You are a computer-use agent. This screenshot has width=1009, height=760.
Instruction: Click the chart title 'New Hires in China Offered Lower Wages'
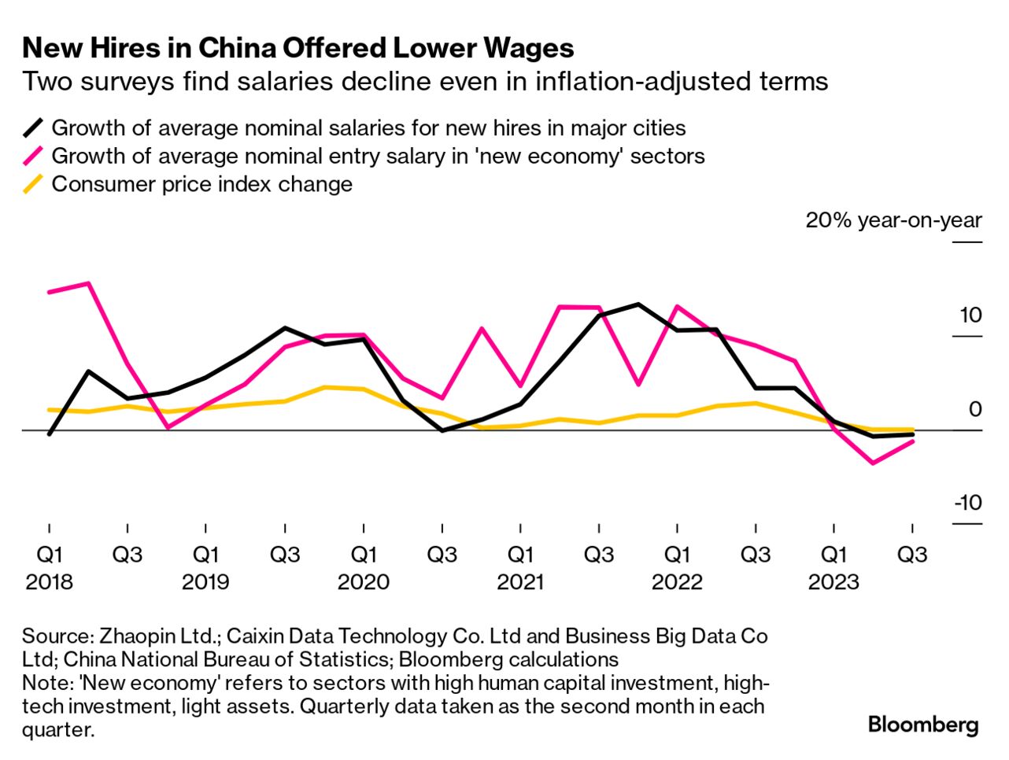pos(298,48)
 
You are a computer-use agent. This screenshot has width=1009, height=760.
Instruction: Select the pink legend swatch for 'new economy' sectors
pos(33,157)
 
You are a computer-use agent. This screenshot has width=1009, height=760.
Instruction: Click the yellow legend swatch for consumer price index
pos(33,185)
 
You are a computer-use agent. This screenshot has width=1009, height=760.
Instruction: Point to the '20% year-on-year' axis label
pos(893,220)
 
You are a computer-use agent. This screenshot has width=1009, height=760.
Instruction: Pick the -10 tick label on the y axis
pos(968,502)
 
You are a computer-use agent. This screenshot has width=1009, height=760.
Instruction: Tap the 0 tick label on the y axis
pos(975,409)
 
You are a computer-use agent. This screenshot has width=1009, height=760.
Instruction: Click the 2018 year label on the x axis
pos(49,582)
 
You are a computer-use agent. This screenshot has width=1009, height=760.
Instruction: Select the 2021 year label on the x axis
pos(520,582)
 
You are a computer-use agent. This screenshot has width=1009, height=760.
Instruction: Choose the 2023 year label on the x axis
pos(834,582)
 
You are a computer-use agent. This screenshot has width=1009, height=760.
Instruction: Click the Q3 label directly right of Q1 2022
pos(756,555)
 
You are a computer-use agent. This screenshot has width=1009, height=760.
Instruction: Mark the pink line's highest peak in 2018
pos(88,283)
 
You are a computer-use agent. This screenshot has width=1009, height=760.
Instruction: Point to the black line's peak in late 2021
pos(638,304)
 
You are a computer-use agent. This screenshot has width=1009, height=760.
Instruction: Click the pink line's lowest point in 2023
pos(873,463)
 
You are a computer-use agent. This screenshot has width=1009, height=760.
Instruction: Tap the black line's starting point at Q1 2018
pos(49,433)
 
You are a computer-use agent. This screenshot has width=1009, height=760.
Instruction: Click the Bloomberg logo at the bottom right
pos(923,724)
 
